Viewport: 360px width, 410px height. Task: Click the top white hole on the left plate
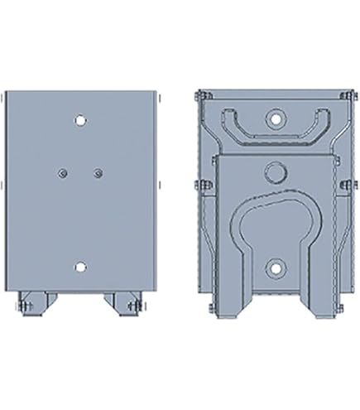pyautogui.click(x=79, y=119)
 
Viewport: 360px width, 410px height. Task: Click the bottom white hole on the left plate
pyautogui.click(x=79, y=267)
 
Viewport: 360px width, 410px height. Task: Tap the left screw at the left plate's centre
pyautogui.click(x=63, y=172)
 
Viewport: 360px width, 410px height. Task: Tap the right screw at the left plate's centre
pyautogui.click(x=98, y=172)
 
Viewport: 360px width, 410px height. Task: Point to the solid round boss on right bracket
pyautogui.click(x=274, y=173)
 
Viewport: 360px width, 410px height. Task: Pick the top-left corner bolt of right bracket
pyautogui.click(x=199, y=100)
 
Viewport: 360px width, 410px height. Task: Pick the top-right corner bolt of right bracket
pyautogui.click(x=348, y=100)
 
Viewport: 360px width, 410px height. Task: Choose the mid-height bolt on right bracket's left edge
pyautogui.click(x=199, y=183)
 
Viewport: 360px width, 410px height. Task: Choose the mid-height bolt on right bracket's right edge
pyautogui.click(x=348, y=183)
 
